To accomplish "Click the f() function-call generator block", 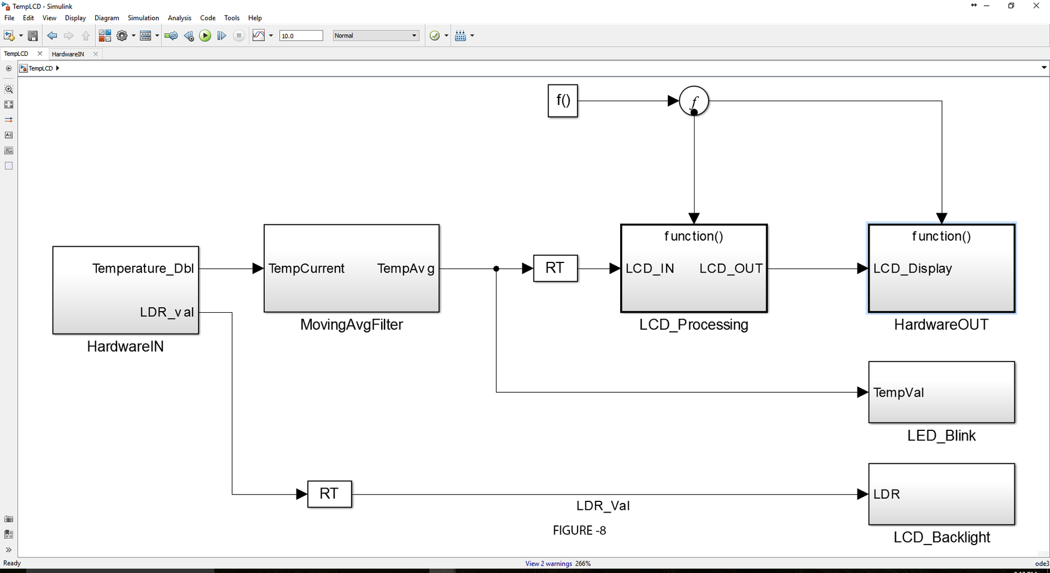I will click(562, 101).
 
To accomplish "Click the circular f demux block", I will click(694, 101).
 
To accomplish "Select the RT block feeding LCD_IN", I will click(555, 268).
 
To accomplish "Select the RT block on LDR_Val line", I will click(330, 494).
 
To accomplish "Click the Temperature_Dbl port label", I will click(143, 269).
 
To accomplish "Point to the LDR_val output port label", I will click(167, 312).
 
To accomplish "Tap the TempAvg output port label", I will click(406, 269).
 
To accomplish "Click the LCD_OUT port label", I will click(730, 269).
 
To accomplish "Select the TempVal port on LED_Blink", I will click(898, 393).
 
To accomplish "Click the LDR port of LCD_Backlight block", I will click(887, 495).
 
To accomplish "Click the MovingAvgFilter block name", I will click(351, 325).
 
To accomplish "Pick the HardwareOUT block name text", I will click(941, 325).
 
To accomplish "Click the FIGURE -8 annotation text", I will click(579, 530).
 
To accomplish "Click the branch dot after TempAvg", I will click(496, 269).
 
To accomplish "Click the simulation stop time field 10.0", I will click(301, 36).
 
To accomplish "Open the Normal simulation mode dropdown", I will click(376, 36).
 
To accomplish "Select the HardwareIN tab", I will click(68, 54).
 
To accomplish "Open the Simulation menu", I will click(143, 18).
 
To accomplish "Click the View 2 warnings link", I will click(549, 563).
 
